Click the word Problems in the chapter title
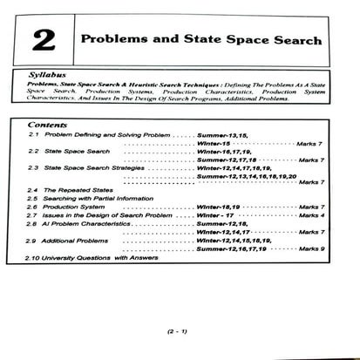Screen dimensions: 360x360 click(115, 40)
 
